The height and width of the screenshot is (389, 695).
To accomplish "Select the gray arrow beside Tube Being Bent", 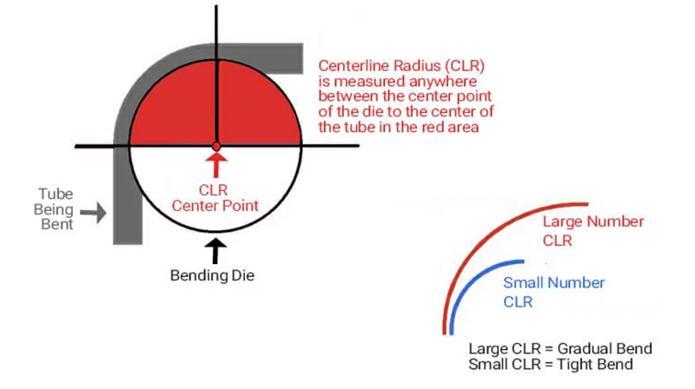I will pos(95,210).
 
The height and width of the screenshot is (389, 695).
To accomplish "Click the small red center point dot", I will pos(216,146).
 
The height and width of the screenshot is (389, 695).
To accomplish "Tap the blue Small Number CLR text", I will pos(554,293).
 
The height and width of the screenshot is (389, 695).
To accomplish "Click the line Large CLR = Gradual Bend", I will pos(559,349).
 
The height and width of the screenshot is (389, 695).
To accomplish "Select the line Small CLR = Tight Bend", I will pos(550,364).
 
